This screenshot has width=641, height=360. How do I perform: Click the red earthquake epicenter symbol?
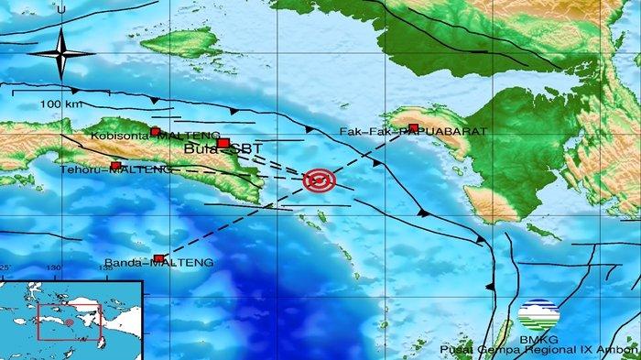(320, 181)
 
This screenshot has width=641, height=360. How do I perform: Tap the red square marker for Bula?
(223, 143)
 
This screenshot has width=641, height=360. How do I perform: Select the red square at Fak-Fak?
(414, 127)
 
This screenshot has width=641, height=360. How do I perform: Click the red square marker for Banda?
(159, 258)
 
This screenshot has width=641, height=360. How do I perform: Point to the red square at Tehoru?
(115, 166)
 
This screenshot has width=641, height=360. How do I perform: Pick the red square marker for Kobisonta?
(156, 131)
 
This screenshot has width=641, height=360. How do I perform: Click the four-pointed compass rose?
(61, 53)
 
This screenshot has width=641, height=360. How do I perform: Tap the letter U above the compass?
(60, 9)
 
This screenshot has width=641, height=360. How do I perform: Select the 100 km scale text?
(59, 104)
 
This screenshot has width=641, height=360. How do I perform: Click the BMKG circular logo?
(537, 316)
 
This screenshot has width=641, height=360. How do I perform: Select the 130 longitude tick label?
(54, 267)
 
